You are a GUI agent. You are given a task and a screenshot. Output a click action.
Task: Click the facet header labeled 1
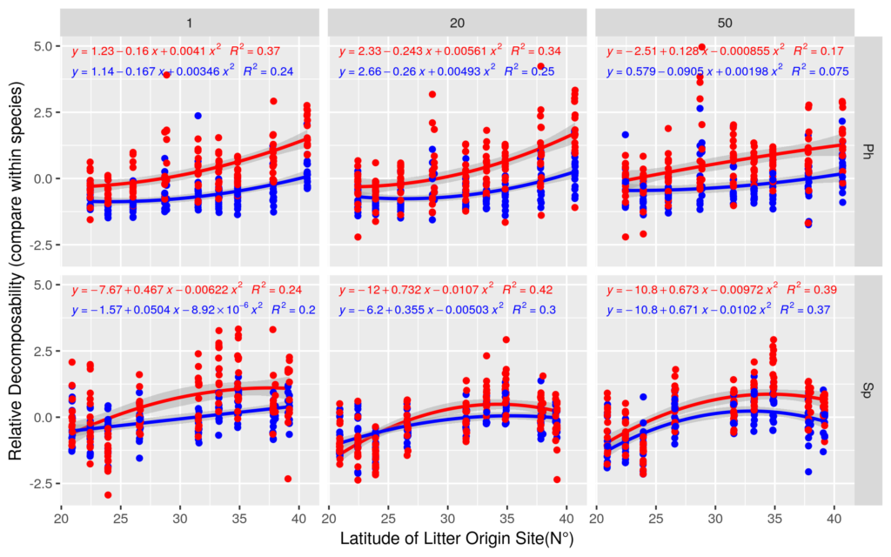(x=191, y=22)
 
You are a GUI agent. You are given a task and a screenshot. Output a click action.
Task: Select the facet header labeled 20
(x=458, y=22)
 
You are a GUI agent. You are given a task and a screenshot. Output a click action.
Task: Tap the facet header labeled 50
(x=725, y=22)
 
